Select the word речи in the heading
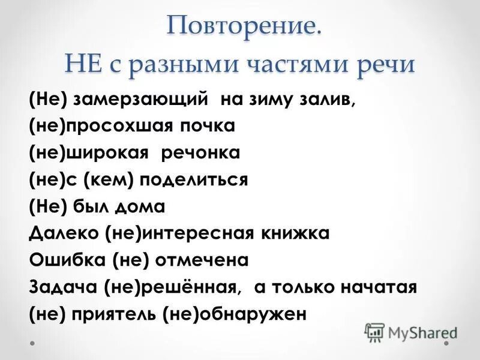386,64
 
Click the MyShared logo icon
374,331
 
